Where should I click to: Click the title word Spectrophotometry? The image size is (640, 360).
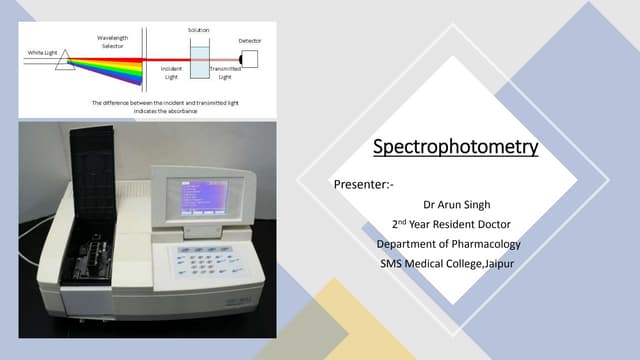tap(455, 148)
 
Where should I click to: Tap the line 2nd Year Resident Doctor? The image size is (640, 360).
tap(450, 225)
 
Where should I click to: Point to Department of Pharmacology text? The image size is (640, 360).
tap(449, 245)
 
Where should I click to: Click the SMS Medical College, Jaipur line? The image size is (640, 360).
tap(449, 264)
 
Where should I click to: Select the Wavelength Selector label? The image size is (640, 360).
tap(111, 42)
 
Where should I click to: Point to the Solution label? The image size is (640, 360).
tap(198, 31)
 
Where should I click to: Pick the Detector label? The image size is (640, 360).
tap(250, 41)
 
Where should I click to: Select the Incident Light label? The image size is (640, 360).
tap(170, 73)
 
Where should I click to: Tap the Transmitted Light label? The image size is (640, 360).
tap(225, 73)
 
